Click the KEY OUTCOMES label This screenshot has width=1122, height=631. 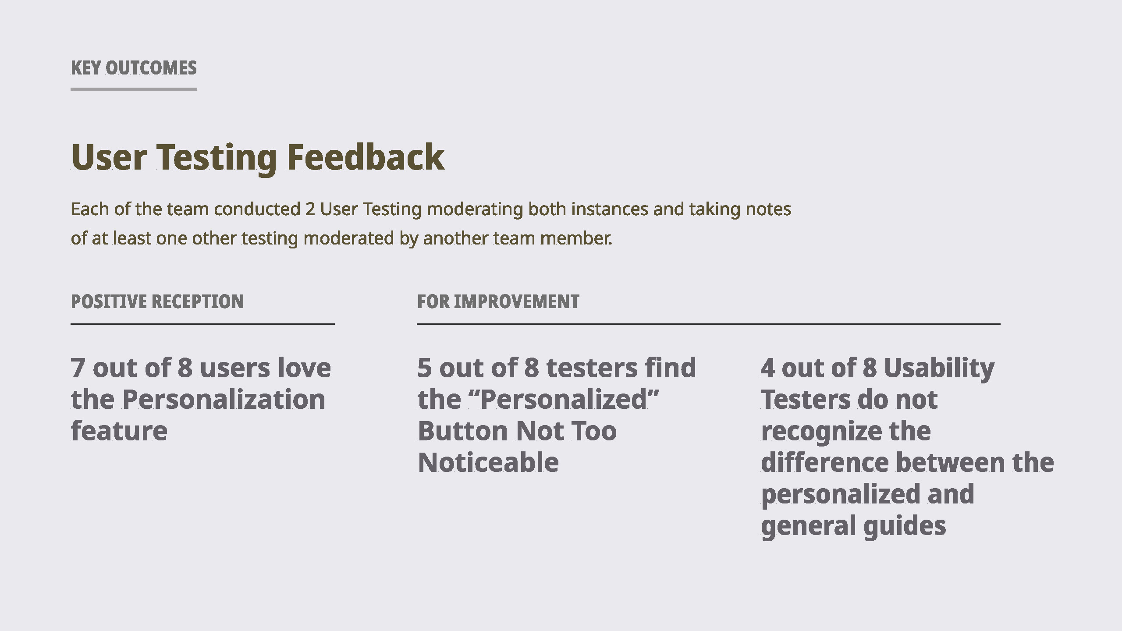tap(134, 68)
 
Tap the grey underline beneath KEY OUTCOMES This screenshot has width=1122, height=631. tap(134, 89)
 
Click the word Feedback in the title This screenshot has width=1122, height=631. tap(366, 157)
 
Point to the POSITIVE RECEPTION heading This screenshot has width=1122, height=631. tap(157, 301)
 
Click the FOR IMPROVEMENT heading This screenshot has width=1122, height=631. tap(498, 301)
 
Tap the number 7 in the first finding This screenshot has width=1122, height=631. tap(78, 368)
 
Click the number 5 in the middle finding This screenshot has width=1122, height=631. tap(425, 368)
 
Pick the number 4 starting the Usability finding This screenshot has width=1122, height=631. tap(768, 368)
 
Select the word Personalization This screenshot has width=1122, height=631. tap(224, 399)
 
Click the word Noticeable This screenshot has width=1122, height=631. tap(489, 462)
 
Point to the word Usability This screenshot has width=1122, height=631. tap(939, 369)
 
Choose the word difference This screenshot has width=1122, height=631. tap(824, 462)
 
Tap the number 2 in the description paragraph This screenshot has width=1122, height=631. tap(310, 209)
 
